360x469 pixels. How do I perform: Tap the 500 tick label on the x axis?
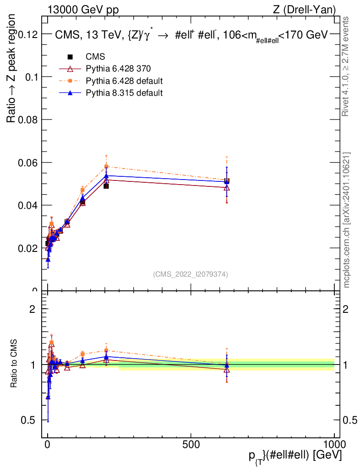tap(191, 444)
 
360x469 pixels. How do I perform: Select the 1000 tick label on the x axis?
tap(334, 444)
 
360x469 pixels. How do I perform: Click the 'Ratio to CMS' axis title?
tap(15, 364)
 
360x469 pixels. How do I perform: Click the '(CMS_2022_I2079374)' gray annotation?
tap(191, 274)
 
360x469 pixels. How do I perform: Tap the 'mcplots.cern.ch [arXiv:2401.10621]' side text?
tap(347, 220)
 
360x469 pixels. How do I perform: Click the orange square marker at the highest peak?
tap(106, 167)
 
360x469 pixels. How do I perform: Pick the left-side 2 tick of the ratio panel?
tap(33, 309)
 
